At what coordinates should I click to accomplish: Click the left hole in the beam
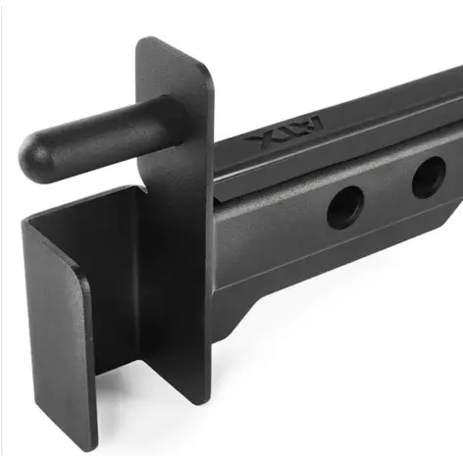coord(345,204)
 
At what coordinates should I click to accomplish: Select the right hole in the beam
coord(428,178)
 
